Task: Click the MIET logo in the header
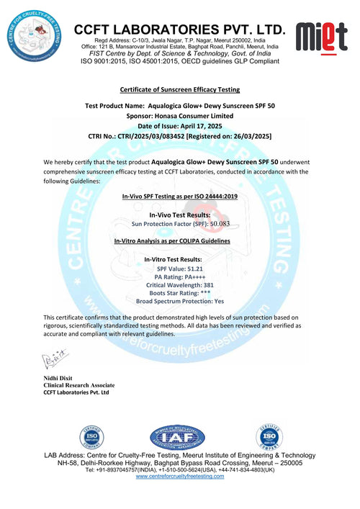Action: pos(326,37)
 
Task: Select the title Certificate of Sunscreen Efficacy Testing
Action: pos(179,90)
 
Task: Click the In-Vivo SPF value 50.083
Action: pos(234,225)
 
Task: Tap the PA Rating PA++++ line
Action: pos(179,276)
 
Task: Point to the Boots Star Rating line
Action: pos(179,293)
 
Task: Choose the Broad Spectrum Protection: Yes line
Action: pos(179,302)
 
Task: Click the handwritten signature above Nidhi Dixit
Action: pos(56,356)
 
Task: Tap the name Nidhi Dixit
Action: pos(60,378)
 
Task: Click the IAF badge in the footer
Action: pos(178,437)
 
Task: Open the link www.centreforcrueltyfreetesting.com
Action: pos(179,477)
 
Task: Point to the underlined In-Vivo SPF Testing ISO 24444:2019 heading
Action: pos(179,196)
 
